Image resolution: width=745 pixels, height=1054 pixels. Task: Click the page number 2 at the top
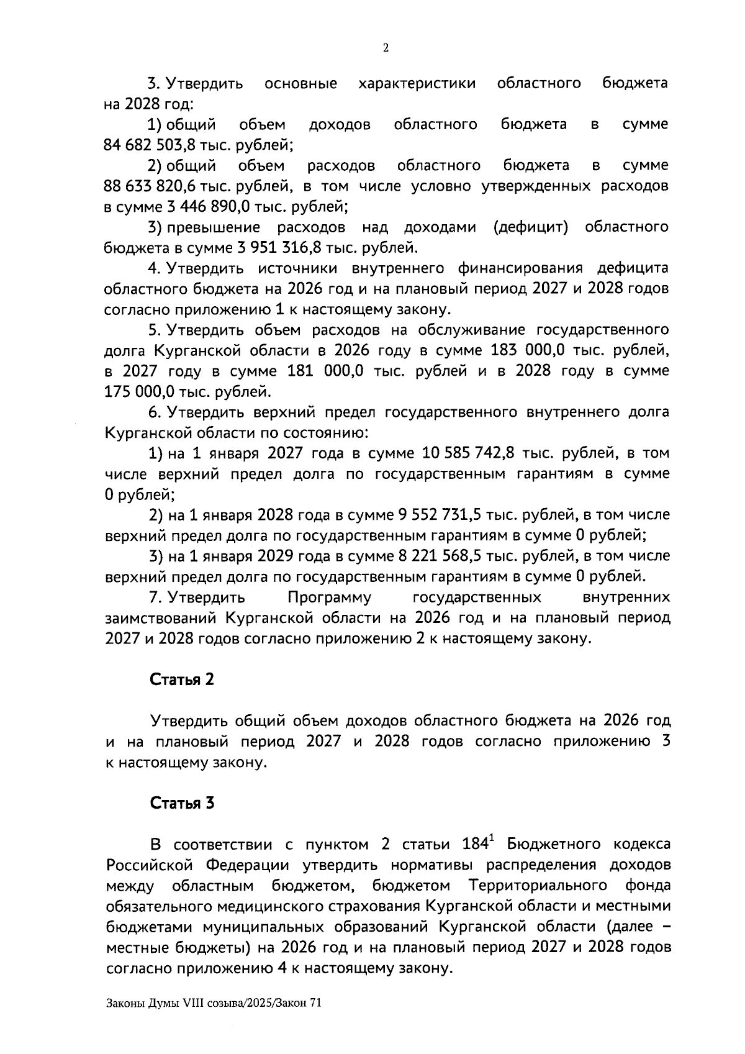pos(386,48)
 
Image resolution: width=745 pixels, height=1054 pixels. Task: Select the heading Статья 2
pos(182,679)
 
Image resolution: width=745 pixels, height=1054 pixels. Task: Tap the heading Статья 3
pos(182,803)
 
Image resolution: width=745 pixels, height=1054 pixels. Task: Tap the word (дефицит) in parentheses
pos(531,227)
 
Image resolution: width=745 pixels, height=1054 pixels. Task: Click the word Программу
pos(330,598)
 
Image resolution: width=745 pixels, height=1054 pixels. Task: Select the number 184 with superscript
pos(479,845)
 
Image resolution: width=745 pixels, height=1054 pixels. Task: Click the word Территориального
pos(538,886)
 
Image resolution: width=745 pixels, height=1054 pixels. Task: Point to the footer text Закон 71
pos(301,1003)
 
